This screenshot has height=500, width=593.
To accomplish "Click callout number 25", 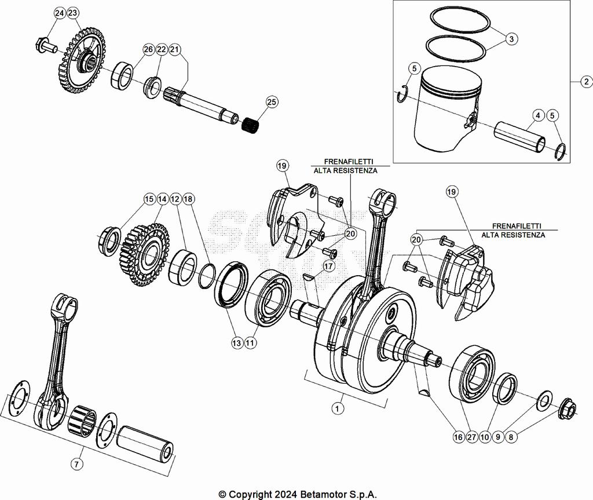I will coord(272,103).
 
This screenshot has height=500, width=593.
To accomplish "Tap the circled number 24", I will coord(60,13).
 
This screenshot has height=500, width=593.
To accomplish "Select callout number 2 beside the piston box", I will coord(586,82).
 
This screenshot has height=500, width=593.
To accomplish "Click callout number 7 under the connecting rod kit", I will coord(76,463).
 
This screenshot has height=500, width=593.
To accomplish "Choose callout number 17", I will coord(329,267).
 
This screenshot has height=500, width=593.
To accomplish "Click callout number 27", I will coord(471,437).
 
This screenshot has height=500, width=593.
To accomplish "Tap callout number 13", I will coord(237,343).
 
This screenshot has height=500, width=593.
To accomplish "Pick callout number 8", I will coord(510,437).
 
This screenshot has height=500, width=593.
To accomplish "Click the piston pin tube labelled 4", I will coord(519,137).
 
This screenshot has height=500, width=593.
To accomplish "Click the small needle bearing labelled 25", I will coord(250,123).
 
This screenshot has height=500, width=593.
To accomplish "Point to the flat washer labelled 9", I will coord(545,400).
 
